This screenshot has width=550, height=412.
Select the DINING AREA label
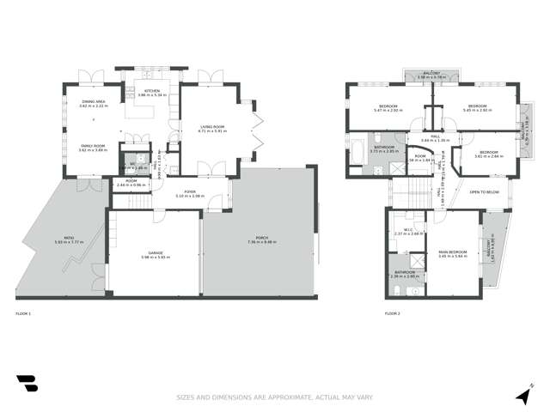[x=94, y=102]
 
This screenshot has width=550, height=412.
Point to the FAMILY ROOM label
[x=93, y=146]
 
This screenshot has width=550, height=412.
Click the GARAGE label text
[x=156, y=252]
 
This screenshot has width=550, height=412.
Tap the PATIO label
[x=58, y=238]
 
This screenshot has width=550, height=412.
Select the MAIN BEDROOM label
[x=452, y=251]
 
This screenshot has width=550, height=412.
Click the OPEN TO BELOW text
[x=485, y=192]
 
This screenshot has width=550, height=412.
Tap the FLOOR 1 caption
[x=23, y=315]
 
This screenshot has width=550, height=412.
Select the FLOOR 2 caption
[x=393, y=315]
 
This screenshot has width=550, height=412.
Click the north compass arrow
[x=522, y=394]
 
